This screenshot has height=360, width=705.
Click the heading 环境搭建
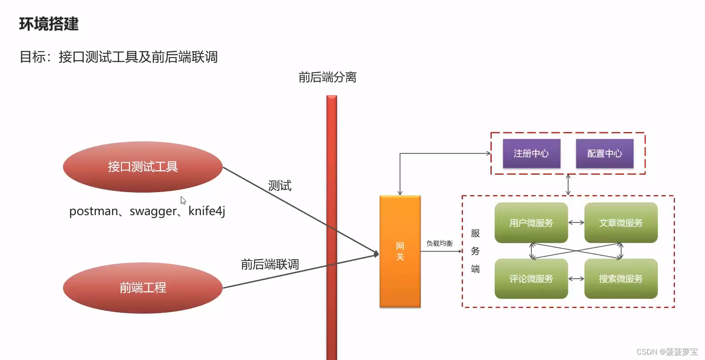[x=49, y=24]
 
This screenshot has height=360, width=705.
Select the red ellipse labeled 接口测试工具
[x=143, y=167]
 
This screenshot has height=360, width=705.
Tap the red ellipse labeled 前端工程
[x=143, y=288]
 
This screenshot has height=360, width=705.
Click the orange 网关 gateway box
[x=400, y=252]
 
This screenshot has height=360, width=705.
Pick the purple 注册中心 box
[x=531, y=153]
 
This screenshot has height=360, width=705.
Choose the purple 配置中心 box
[x=605, y=153]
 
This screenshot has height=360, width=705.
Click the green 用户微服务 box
[x=531, y=223]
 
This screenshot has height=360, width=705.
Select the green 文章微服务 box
[x=621, y=223]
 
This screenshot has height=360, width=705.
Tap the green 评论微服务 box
[x=531, y=279]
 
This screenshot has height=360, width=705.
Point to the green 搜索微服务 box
[x=621, y=279]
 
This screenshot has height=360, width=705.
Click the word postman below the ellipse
[x=94, y=211]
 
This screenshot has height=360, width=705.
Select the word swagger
[x=153, y=211]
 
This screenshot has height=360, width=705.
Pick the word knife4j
[x=207, y=211]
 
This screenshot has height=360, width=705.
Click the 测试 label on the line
[x=279, y=185]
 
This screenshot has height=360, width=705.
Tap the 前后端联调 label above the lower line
[x=270, y=264]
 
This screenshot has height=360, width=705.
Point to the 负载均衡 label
[x=440, y=243]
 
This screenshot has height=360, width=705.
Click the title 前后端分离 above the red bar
[x=328, y=77]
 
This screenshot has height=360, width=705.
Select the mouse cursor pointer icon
[x=183, y=200]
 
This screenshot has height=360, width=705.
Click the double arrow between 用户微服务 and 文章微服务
[x=576, y=222]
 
